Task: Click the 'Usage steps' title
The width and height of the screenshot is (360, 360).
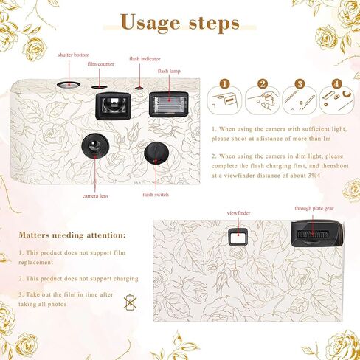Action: pos(179,23)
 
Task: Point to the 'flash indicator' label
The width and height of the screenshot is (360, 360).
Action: pos(145,59)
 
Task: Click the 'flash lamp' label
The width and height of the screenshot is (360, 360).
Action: pos(168,71)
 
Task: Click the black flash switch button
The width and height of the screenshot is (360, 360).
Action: pos(154,153)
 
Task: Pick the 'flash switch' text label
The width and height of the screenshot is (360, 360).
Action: pos(155,194)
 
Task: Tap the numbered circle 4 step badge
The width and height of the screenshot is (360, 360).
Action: pos(336,83)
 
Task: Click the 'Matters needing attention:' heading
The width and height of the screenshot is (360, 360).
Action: pos(72,235)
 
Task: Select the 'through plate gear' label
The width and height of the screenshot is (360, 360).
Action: pos(314,209)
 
